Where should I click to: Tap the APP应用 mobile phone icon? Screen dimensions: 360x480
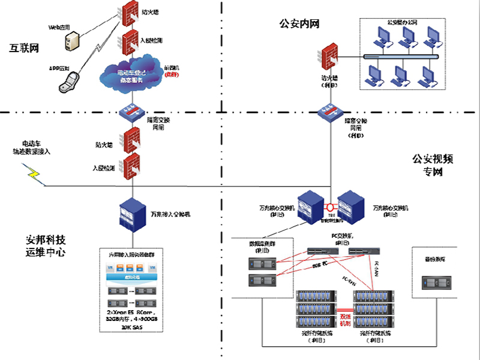[68, 82]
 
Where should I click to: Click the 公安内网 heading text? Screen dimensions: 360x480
[299, 24]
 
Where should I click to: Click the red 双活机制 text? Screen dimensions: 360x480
[346, 319]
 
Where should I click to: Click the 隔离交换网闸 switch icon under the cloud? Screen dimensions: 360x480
[131, 112]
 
